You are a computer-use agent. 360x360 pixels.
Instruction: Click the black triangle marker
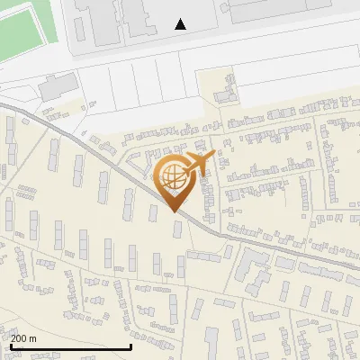click(181, 24)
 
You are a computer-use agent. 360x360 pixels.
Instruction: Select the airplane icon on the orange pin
click(196, 163)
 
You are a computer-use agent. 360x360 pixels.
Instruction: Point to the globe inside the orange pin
click(170, 175)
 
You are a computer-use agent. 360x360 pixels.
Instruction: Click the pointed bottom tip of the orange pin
click(174, 211)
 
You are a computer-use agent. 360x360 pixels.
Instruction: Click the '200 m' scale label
click(24, 337)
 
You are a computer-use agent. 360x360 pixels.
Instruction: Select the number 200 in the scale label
click(19, 337)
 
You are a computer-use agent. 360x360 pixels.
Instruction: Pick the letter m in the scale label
click(33, 338)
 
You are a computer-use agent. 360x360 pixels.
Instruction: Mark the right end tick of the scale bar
click(131, 345)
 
